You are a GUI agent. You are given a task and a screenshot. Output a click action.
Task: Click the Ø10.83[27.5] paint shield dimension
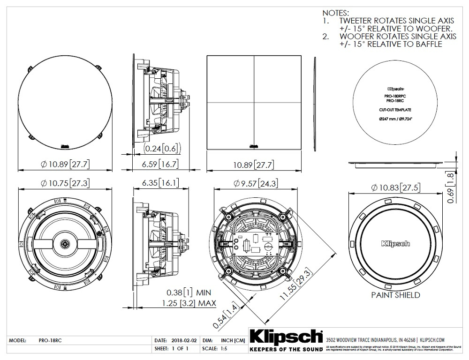tap(395, 187)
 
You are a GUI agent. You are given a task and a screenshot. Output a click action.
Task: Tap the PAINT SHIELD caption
tap(395, 295)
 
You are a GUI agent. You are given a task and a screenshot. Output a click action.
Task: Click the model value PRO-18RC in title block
tap(47, 340)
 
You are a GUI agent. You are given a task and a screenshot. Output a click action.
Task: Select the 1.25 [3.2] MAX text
tap(187, 303)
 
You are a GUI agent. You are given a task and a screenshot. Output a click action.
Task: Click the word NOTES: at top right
tap(336, 13)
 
